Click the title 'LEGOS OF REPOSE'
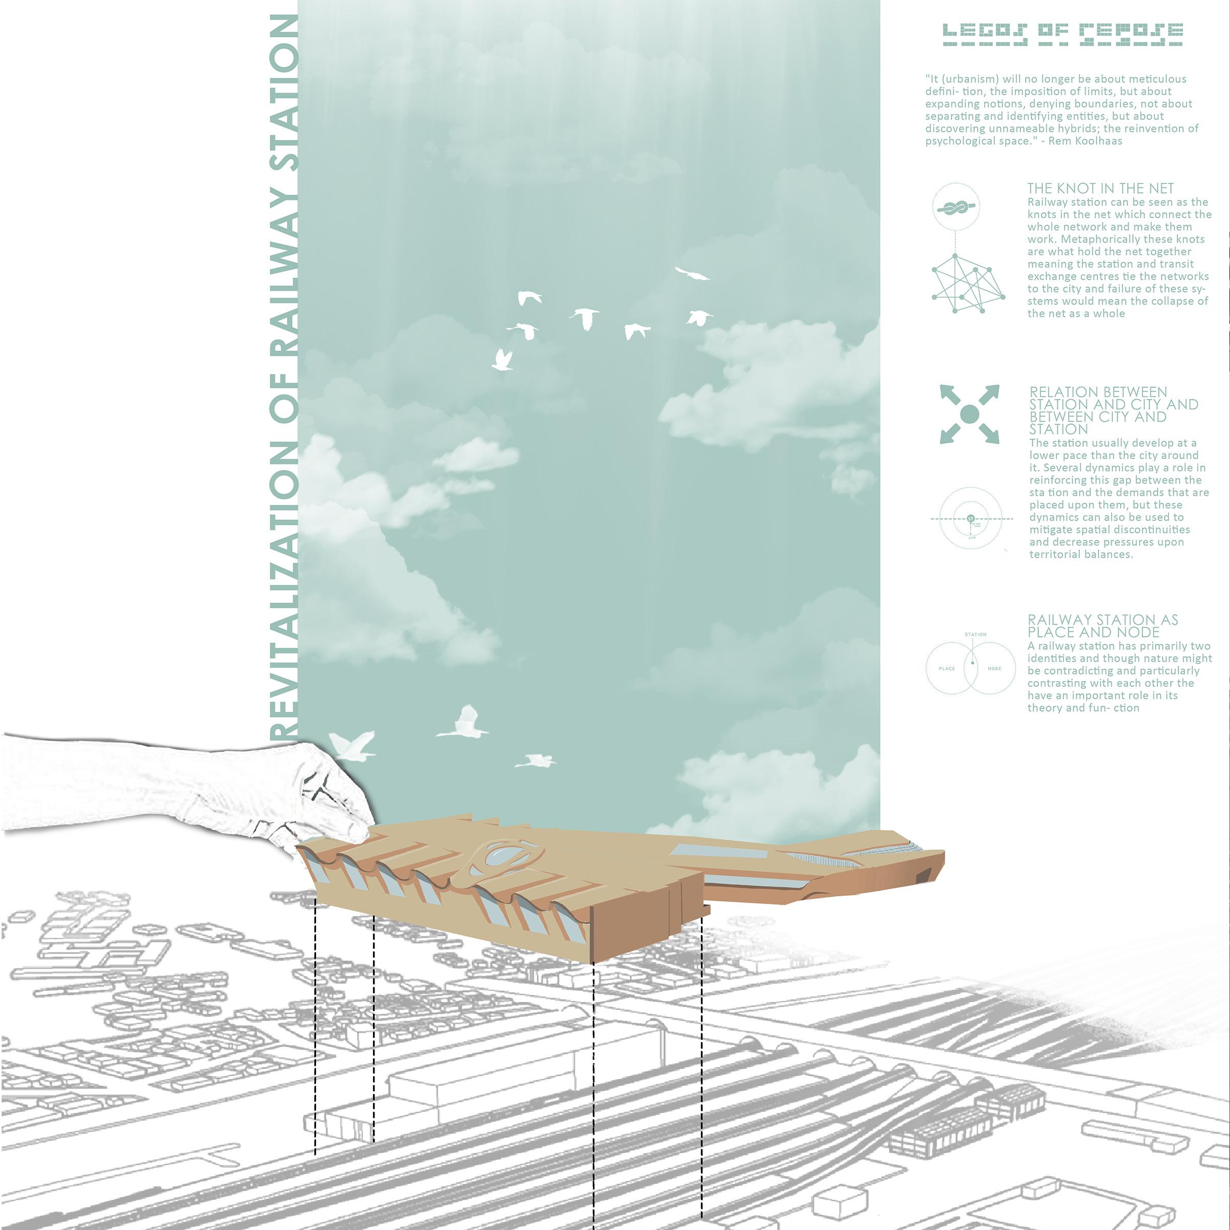coord(1062,34)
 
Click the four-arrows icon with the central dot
coord(969,415)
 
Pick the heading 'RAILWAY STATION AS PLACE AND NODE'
coord(1102,626)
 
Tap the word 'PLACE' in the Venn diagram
coord(947,668)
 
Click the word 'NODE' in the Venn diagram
coord(994,668)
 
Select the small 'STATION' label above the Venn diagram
coord(975,634)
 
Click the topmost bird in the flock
coord(692,274)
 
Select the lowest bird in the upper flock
coord(503,360)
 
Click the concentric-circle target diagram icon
coord(970,519)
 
